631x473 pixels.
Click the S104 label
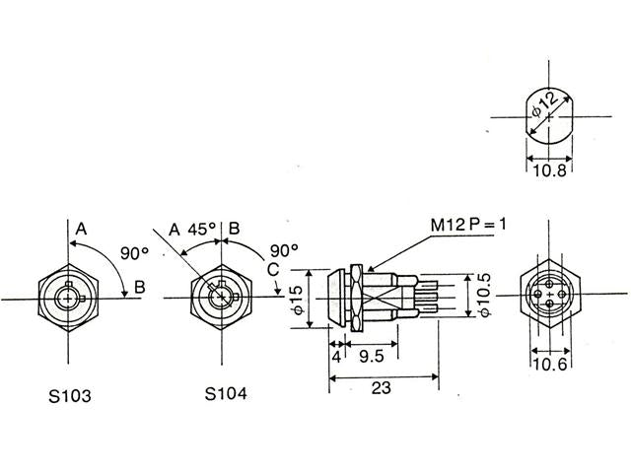tap(226, 393)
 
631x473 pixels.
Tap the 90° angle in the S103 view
tap(133, 251)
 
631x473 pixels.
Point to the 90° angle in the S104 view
tap(283, 249)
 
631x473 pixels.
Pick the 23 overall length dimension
tap(383, 388)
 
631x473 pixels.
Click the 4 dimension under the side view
tap(336, 356)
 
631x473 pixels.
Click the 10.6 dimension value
tap(549, 366)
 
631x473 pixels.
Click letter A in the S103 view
tap(82, 229)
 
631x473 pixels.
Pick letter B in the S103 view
tap(140, 288)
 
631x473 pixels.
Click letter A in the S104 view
tap(174, 230)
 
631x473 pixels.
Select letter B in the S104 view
tap(235, 229)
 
